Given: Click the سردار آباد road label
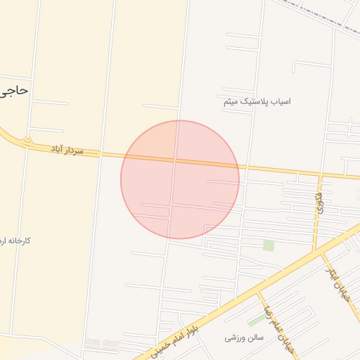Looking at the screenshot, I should click(x=67, y=149).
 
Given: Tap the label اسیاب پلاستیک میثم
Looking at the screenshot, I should click(x=256, y=102).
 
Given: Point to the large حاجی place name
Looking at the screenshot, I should click(x=14, y=91).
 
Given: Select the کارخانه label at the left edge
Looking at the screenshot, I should click(x=15, y=241).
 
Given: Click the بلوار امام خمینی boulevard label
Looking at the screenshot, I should click(x=171, y=335).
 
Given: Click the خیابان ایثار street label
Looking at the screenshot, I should click(x=337, y=281).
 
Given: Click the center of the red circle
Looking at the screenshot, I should click(x=180, y=179).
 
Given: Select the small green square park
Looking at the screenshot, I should click(x=268, y=245).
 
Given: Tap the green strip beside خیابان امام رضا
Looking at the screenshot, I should click(x=257, y=319).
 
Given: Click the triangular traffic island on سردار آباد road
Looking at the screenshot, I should click(x=27, y=142).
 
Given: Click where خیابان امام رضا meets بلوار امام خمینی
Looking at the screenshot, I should click(x=258, y=290).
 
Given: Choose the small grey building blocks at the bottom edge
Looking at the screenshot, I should click(x=103, y=344).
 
